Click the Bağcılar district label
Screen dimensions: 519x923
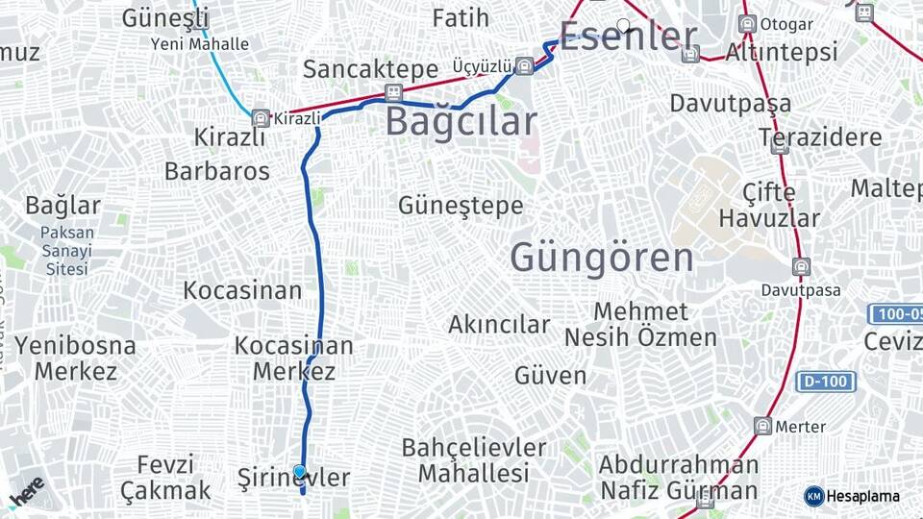click(x=461, y=122)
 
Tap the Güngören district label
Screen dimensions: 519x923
click(x=601, y=258)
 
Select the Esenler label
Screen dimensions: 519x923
click(x=628, y=37)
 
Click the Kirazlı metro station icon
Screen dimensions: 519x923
click(x=260, y=118)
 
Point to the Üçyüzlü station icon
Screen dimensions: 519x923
click(x=524, y=66)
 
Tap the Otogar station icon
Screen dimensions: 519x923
click(x=747, y=23)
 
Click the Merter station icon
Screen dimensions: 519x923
click(x=763, y=426)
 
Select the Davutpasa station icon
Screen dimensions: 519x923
click(x=800, y=266)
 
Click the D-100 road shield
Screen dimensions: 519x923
click(x=825, y=382)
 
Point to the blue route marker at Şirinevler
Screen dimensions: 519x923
click(x=300, y=472)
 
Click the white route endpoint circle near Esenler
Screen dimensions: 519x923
click(x=624, y=25)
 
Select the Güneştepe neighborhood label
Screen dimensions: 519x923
click(x=461, y=205)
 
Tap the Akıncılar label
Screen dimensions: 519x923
click(x=499, y=325)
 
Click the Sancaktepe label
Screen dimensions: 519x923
click(x=363, y=68)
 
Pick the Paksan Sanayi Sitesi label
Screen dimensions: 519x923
click(x=66, y=251)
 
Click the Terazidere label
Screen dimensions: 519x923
click(x=820, y=137)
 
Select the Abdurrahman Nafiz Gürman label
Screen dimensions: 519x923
click(x=678, y=478)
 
